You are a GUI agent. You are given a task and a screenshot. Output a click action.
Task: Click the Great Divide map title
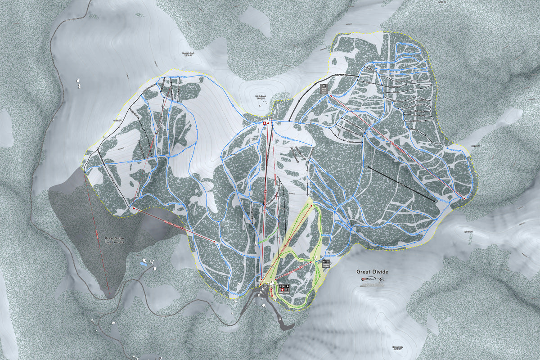(x=372, y=272)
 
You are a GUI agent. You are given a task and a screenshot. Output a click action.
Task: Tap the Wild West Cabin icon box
(x=323, y=89)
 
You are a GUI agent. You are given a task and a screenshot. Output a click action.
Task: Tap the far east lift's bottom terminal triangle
(x=464, y=198)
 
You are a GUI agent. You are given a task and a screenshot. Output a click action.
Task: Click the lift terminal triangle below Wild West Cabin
(x=330, y=95)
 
